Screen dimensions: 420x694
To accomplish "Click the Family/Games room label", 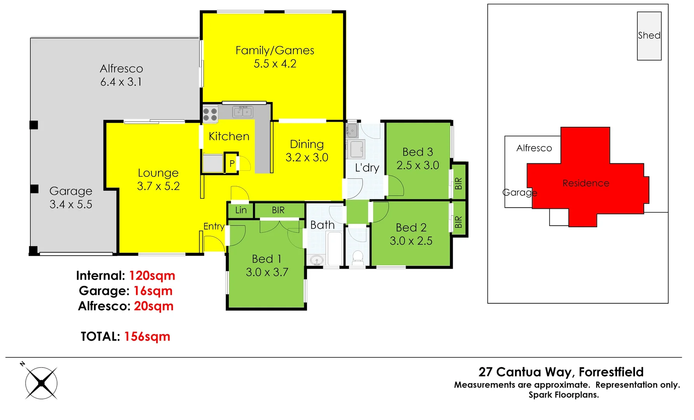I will [275, 51].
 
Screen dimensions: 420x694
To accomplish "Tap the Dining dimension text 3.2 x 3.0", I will [307, 157].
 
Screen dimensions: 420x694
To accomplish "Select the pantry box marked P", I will [232, 163].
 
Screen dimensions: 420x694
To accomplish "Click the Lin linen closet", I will [241, 210].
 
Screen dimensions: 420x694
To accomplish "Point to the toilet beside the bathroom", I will [357, 257].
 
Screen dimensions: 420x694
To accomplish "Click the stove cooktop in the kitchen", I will [210, 114].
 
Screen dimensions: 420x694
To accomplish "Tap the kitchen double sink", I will [243, 112].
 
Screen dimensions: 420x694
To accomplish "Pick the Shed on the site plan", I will [649, 36].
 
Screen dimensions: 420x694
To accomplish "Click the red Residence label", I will [586, 183].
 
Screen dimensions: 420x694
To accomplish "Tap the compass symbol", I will [41, 383].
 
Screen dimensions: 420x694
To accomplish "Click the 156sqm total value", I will [147, 336].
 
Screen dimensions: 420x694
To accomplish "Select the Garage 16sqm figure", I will [153, 291].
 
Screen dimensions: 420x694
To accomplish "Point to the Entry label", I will [214, 226].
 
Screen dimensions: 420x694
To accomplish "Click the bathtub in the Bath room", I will [334, 249].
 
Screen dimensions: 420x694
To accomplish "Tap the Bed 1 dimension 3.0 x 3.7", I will [267, 272].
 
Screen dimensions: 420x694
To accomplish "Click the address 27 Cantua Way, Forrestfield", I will [561, 372].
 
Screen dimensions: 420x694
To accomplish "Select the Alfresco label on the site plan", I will [534, 148].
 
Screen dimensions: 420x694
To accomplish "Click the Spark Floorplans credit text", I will [563, 395].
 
